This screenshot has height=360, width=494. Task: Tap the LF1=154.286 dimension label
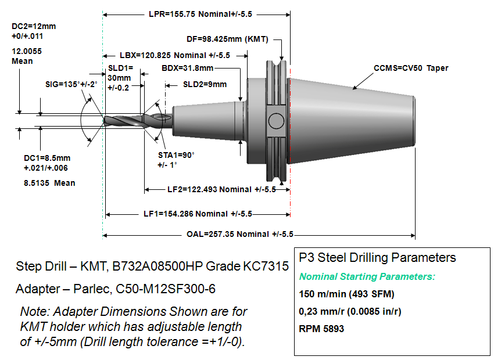coord(198,214)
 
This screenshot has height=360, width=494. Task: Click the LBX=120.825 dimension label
coord(175,56)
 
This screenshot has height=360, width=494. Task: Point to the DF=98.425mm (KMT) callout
coord(227,39)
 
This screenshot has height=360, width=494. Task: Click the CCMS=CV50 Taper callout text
coord(411,69)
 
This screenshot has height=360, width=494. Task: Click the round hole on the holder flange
coord(274,122)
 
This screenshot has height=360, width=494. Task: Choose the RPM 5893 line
coord(321,329)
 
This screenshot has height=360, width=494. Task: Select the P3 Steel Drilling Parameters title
coord(377,257)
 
